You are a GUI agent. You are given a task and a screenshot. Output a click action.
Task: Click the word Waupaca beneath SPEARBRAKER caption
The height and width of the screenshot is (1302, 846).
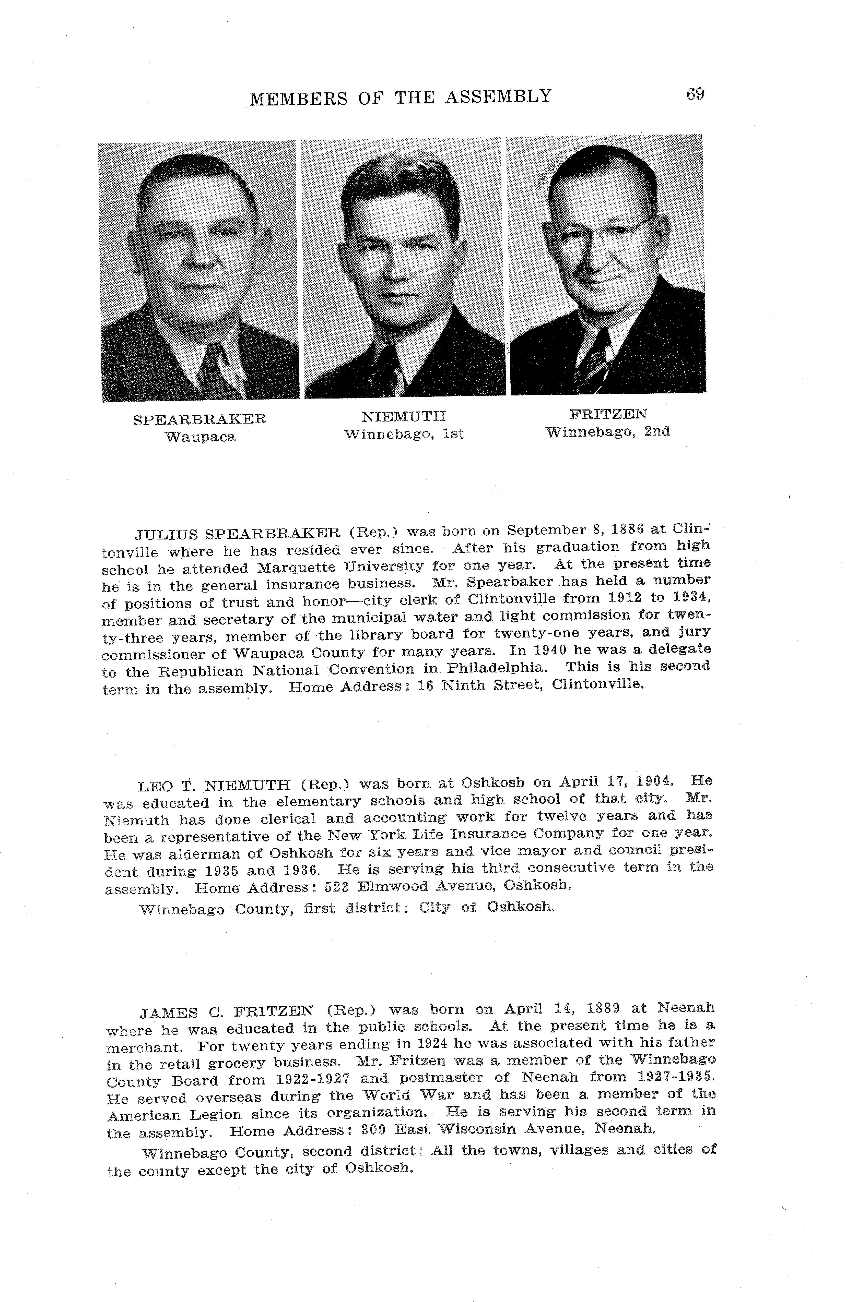[x=200, y=437]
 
